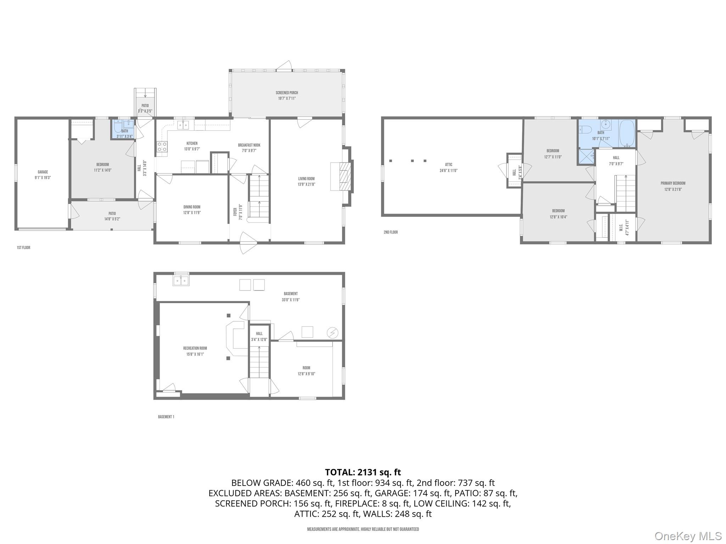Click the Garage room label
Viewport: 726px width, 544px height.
coord(43,172)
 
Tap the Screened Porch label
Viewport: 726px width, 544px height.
coord(287,93)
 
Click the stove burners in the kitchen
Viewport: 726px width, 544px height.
coord(162,147)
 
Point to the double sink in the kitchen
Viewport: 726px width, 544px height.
coord(183,125)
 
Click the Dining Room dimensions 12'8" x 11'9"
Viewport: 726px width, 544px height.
coord(192,213)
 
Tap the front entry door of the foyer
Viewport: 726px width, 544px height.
coord(248,243)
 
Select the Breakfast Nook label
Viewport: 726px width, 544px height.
coord(249,145)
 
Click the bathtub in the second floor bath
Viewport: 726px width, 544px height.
coord(627,134)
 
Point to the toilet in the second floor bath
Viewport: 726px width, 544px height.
coord(585,130)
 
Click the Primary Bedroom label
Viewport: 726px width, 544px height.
coord(673,183)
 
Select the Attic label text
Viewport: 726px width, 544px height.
coord(448,165)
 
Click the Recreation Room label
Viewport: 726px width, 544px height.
coord(195,348)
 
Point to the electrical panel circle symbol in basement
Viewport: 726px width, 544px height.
coord(332,333)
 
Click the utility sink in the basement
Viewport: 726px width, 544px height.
coord(181,281)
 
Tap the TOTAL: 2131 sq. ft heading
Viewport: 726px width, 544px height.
coord(363,472)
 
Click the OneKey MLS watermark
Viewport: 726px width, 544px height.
coord(688,536)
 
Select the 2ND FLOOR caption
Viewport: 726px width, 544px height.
coord(390,232)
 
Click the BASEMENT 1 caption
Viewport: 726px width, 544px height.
coord(166,417)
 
